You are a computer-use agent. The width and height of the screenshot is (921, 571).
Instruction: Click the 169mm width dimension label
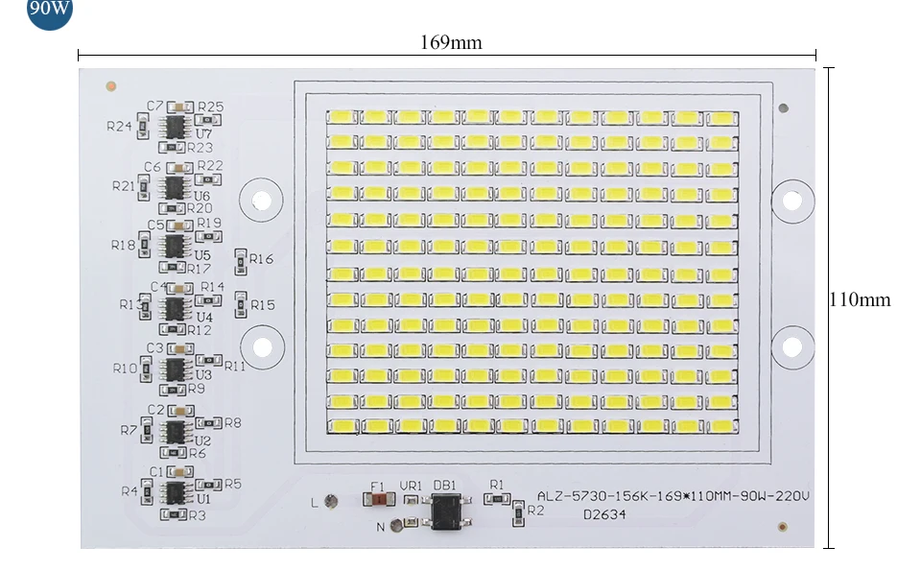point(451,42)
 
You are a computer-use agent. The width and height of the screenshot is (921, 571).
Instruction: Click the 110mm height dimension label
point(860,299)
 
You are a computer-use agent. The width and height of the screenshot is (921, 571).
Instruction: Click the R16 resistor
point(241,259)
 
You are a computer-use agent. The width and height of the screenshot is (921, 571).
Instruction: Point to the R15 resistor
point(241,303)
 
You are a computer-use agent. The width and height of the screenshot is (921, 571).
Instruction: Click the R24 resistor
point(144,124)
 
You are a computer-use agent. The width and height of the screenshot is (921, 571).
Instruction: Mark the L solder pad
point(331,500)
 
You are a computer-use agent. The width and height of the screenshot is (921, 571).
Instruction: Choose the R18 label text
point(123,245)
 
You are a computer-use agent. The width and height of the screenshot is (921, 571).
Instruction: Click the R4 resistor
point(145,492)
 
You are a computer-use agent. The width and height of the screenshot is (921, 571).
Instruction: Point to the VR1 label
point(411,486)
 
